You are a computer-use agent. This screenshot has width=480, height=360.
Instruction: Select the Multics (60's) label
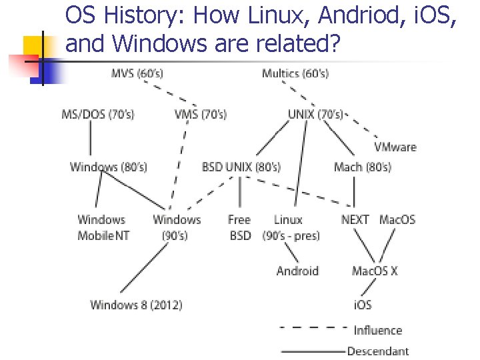click(295, 73)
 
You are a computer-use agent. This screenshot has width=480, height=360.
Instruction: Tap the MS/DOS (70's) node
click(97, 115)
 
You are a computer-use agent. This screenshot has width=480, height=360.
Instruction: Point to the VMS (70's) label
click(200, 115)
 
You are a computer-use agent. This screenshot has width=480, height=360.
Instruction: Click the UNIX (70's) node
click(315, 115)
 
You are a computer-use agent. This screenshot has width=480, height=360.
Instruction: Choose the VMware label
click(395, 147)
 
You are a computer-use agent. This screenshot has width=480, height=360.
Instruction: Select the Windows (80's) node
click(109, 167)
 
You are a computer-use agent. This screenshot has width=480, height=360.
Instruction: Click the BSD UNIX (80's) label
click(241, 167)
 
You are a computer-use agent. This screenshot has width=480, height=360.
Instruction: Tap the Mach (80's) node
click(363, 167)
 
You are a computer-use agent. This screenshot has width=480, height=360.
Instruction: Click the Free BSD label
click(239, 227)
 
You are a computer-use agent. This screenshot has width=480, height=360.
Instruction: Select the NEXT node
click(355, 219)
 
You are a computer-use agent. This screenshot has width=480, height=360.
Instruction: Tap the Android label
click(297, 271)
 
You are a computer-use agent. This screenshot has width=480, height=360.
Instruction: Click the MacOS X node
click(375, 271)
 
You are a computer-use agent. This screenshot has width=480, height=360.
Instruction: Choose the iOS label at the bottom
click(362, 305)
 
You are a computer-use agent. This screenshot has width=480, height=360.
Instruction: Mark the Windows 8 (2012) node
click(136, 305)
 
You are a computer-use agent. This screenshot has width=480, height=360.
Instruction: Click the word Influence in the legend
click(378, 330)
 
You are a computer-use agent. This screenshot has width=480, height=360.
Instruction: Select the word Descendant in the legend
click(378, 351)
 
